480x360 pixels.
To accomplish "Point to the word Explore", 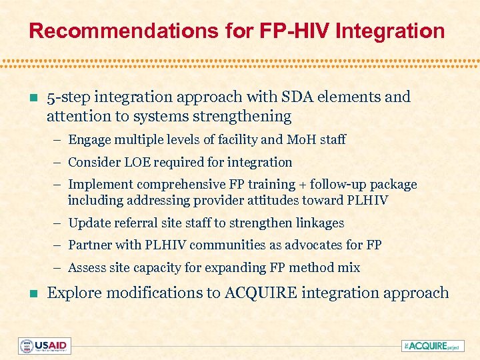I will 75,293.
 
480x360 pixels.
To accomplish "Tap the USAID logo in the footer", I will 44,345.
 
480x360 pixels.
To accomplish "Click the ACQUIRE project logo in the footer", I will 433,345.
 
